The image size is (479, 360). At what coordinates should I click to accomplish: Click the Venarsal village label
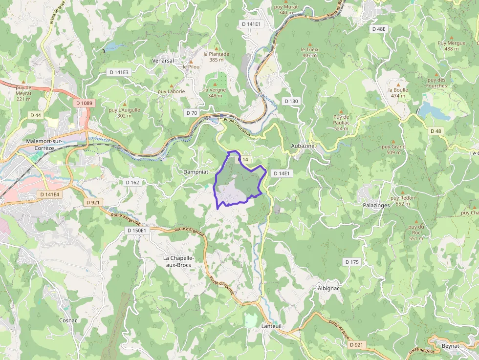coord(163,61)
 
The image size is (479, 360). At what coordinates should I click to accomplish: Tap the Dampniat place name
coord(196,172)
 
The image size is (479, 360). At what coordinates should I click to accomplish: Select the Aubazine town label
coord(304,146)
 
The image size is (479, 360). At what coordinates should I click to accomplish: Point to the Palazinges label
coord(376,205)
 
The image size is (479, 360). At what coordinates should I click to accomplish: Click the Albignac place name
coord(328,288)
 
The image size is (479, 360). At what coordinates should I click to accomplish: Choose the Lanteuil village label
coord(272,326)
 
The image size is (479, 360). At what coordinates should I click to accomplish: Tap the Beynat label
coord(450,346)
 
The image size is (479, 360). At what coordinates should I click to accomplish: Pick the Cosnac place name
coord(68,320)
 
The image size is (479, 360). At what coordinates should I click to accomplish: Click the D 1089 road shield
coord(84,103)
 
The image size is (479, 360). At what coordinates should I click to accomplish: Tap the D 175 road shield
coord(352,262)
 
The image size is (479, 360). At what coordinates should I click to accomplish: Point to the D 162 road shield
coord(132,182)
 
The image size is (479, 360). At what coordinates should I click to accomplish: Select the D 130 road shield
coord(291,101)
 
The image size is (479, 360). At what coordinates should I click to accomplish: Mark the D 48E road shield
coord(379,29)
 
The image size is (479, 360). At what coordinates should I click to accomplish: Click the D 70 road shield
coord(192,113)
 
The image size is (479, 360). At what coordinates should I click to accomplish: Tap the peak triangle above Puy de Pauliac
coord(341,111)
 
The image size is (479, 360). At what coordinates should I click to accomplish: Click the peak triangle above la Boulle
coord(397,84)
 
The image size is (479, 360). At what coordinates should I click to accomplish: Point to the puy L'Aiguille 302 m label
coord(125,113)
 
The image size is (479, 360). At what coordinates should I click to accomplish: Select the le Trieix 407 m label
coord(309,52)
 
